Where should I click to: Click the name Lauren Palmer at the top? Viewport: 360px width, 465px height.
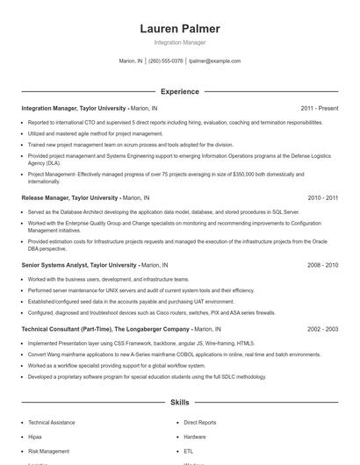[179, 29]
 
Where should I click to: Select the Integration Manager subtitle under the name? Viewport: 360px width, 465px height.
[179, 42]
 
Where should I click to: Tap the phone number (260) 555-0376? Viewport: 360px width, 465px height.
[166, 61]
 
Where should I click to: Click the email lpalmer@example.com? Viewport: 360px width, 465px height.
[214, 61]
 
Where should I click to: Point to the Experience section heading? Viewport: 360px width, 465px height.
[179, 91]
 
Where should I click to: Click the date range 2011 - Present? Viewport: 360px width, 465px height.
[319, 108]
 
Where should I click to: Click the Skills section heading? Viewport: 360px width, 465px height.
[179, 402]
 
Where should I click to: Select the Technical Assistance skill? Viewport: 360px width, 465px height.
[51, 422]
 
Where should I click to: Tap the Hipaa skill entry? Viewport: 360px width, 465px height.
[35, 436]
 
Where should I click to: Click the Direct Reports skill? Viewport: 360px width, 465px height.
[200, 422]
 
